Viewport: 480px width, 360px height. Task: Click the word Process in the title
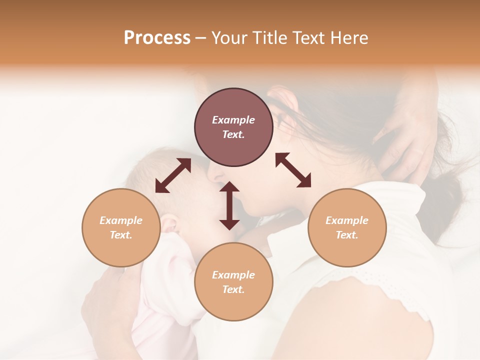click(157, 38)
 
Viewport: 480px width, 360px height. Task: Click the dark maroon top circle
click(233, 127)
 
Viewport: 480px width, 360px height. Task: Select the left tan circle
click(121, 227)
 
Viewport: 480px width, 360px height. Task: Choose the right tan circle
click(347, 227)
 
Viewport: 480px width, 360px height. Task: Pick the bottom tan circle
click(233, 281)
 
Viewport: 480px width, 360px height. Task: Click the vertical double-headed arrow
click(229, 205)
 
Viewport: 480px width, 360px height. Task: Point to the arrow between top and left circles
click(173, 175)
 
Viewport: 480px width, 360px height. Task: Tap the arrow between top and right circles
click(293, 170)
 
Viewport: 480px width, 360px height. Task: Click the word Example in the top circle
click(233, 120)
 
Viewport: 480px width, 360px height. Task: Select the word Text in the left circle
click(120, 235)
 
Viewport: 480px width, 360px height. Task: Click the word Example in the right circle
click(347, 220)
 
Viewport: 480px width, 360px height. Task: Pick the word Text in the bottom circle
click(233, 289)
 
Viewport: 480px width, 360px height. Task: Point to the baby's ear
click(169, 223)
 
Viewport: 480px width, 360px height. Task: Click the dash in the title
click(201, 38)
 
